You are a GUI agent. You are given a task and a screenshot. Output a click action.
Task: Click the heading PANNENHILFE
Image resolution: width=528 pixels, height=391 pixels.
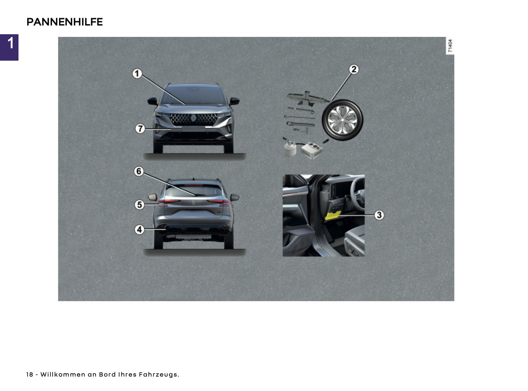(x=64, y=22)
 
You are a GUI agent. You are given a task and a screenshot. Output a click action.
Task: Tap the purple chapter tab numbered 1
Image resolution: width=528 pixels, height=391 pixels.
(x=9, y=47)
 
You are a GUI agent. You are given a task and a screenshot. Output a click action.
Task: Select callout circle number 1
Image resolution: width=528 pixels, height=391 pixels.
(x=137, y=74)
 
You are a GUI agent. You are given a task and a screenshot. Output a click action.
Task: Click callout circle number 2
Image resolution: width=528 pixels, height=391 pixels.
(x=354, y=69)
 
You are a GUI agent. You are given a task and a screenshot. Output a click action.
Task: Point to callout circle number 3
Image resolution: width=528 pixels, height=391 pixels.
(x=379, y=215)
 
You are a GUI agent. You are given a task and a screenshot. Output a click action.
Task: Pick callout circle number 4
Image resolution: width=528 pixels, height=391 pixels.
(x=140, y=230)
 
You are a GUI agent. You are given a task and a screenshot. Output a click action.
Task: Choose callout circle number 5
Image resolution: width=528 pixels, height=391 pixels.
(x=140, y=205)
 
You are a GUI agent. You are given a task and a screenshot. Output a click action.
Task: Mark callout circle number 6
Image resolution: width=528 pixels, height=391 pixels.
(x=139, y=171)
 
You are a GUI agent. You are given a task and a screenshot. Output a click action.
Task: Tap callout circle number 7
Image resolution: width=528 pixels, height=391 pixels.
(x=140, y=129)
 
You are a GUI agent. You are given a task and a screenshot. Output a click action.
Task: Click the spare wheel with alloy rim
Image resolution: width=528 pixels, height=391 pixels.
(x=342, y=120)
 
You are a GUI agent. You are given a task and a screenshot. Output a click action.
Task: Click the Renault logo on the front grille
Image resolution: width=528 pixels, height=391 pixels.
(x=193, y=118)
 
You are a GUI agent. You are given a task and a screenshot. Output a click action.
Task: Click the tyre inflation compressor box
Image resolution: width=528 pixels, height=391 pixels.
(x=312, y=150)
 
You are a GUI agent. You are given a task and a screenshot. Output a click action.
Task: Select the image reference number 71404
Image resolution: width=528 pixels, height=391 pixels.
(x=450, y=46)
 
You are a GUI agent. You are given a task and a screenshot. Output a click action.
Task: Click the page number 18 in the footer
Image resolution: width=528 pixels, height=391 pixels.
(x=30, y=374)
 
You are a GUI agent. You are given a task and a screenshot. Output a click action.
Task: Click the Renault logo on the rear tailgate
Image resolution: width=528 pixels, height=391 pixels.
(x=194, y=203)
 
